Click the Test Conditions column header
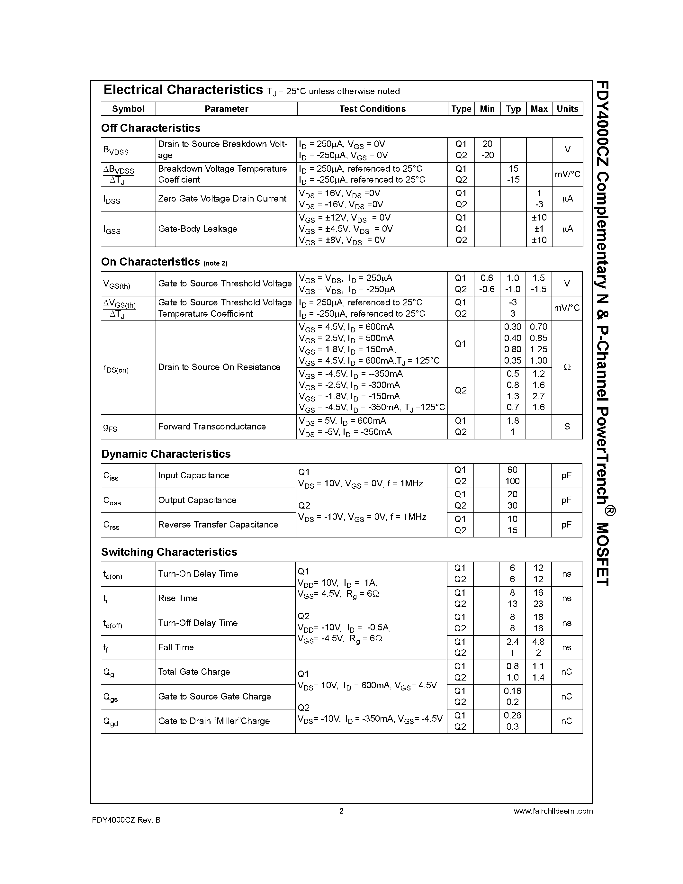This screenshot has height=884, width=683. tap(372, 109)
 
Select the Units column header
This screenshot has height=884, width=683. tap(567, 109)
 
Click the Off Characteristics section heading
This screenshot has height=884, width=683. tap(150, 128)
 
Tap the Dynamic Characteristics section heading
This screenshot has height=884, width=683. tap(166, 454)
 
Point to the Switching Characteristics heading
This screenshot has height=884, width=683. tap(169, 552)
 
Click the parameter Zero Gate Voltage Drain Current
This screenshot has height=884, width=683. tap(222, 198)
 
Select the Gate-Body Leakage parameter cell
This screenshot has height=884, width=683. tap(197, 229)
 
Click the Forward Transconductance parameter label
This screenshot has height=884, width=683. tap(211, 426)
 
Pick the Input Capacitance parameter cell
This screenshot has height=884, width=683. tap(193, 475)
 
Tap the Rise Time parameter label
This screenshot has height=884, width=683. tap(178, 598)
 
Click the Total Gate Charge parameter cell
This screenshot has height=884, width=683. tap(194, 672)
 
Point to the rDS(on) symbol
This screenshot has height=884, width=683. tap(116, 368)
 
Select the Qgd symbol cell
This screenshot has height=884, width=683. tap(111, 722)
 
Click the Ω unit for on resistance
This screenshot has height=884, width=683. tap(567, 367)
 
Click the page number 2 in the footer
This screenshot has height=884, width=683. tap(341, 811)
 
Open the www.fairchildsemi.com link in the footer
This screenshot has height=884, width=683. tap(553, 811)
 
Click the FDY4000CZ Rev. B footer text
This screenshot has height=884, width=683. tap(126, 820)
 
